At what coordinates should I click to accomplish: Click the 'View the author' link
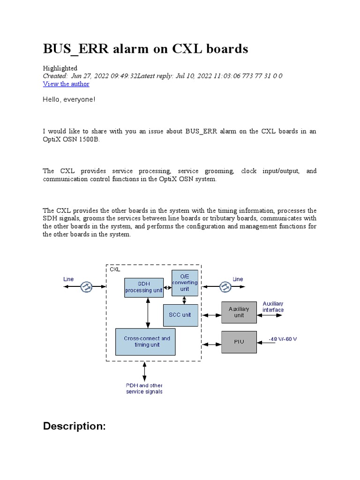click(66, 84)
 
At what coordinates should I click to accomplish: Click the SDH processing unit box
click(144, 287)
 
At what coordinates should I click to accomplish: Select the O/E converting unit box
click(185, 283)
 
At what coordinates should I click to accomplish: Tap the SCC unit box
click(180, 315)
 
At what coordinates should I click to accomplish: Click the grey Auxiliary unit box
click(239, 312)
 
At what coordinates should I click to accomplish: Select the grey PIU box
click(239, 341)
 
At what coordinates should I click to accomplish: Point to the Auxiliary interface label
click(273, 307)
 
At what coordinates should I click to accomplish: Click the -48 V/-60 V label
click(282, 339)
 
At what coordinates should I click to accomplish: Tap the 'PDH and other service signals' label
click(144, 388)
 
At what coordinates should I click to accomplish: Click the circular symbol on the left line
click(86, 287)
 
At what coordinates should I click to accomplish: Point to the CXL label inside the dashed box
click(115, 270)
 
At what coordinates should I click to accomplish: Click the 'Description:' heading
click(75, 426)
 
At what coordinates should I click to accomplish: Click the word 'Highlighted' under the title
click(60, 68)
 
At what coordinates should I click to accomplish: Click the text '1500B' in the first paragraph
click(90, 139)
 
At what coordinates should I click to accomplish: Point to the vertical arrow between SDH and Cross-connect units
click(148, 313)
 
